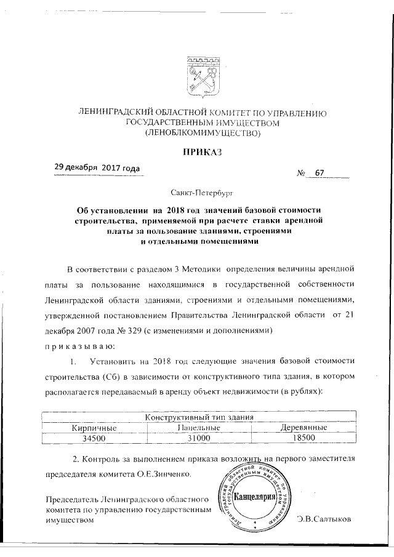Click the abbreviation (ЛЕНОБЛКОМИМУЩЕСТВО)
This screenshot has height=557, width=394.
click(x=203, y=132)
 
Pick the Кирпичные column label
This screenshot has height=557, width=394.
click(x=94, y=427)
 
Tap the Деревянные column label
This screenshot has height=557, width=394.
click(x=304, y=427)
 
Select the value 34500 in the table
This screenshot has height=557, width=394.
click(x=94, y=438)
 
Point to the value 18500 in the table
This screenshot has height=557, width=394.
click(x=304, y=438)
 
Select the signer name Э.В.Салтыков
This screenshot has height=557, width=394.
click(x=323, y=519)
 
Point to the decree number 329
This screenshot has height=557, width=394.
click(x=131, y=331)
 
